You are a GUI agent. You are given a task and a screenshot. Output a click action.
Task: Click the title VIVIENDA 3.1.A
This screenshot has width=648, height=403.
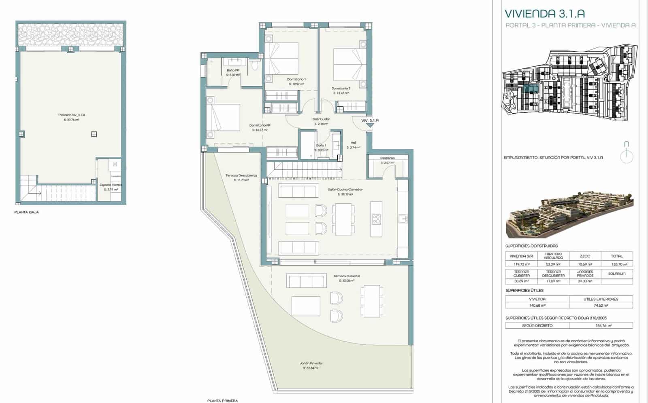click(544, 13)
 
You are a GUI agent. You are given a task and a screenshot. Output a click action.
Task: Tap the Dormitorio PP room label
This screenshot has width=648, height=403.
click(260, 125)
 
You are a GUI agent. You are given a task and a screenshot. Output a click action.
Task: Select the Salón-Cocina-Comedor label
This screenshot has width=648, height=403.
click(345, 189)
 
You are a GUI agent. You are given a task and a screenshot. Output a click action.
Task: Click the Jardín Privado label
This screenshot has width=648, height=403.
click(311, 363)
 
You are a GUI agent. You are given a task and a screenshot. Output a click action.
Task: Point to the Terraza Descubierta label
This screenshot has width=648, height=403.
click(241, 175)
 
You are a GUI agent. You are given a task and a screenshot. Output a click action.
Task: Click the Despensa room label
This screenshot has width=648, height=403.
click(387, 158)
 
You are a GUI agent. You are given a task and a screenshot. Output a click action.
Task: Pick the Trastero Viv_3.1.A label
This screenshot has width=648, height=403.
click(71, 115)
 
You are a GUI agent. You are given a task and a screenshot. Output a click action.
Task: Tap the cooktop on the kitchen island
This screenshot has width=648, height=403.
click(376, 219)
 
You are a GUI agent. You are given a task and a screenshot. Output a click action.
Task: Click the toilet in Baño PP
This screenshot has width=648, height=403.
click(254, 65)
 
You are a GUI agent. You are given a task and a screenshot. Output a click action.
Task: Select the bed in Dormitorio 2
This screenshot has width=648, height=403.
click(347, 64)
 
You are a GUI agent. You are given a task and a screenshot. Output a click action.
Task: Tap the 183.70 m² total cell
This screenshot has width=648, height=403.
click(616, 264)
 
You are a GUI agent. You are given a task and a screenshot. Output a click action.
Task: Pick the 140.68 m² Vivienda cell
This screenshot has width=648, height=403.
click(537, 306)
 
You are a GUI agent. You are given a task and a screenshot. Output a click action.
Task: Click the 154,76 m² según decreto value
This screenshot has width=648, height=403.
click(601, 325)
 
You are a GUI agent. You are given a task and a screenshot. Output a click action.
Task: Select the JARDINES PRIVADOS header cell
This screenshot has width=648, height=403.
click(585, 274)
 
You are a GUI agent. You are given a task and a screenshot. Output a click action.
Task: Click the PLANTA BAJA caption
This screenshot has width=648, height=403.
click(27, 212)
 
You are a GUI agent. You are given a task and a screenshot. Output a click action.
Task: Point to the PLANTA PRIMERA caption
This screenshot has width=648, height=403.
click(222, 401)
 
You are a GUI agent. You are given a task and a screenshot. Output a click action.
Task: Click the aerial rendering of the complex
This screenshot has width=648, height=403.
click(569, 215)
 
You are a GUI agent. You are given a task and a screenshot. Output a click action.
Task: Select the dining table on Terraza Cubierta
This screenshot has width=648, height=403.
click(372, 301)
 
